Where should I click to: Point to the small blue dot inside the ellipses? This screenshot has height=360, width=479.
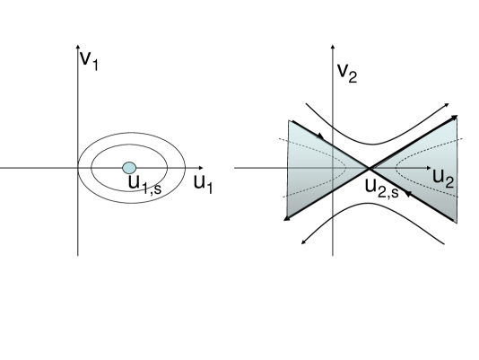pyautogui.click(x=129, y=168)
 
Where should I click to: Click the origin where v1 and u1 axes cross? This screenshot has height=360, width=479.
pyautogui.click(x=79, y=168)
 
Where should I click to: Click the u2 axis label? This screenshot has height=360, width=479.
pyautogui.click(x=442, y=176)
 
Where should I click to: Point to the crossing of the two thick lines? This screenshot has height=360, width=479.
pyautogui.click(x=370, y=168)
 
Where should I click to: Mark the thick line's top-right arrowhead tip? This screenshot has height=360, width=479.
pyautogui.click(x=457, y=117)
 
